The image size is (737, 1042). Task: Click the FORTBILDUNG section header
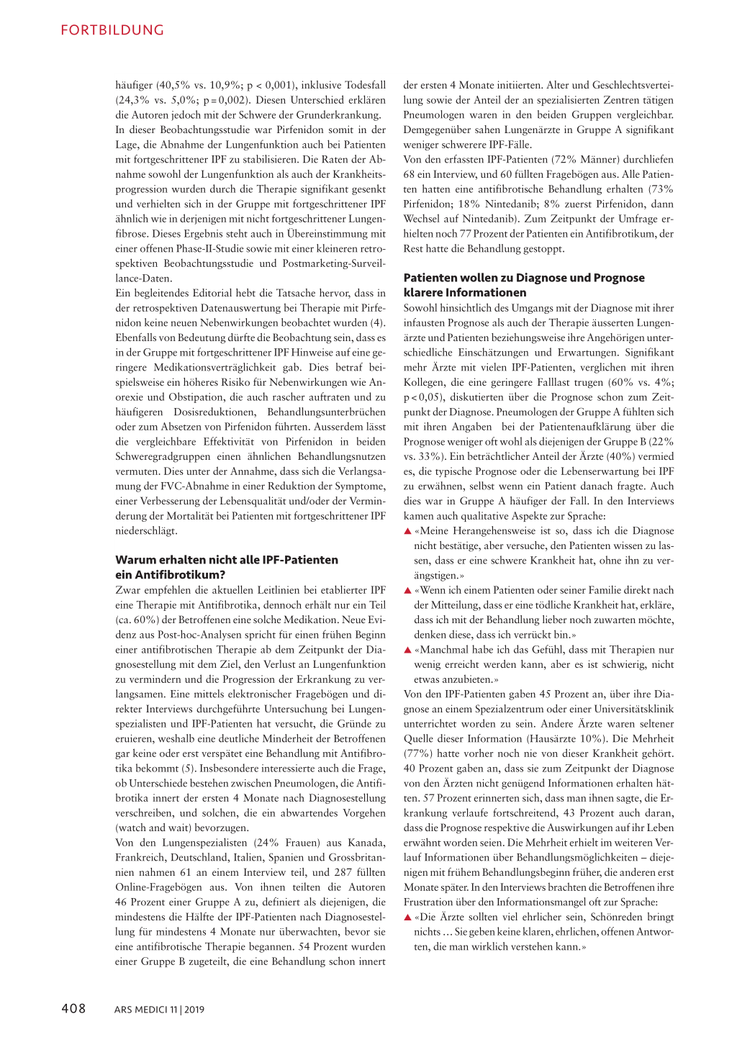pyautogui.click(x=112, y=30)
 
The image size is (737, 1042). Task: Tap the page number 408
pyautogui.click(x=73, y=1009)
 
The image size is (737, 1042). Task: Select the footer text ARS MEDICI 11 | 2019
pyautogui.click(x=159, y=1010)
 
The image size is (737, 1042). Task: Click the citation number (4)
pyautogui.click(x=378, y=322)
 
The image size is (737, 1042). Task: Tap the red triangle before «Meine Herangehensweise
pyautogui.click(x=407, y=531)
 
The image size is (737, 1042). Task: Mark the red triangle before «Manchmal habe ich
pyautogui.click(x=407, y=650)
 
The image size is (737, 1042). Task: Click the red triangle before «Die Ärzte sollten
pyautogui.click(x=407, y=918)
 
